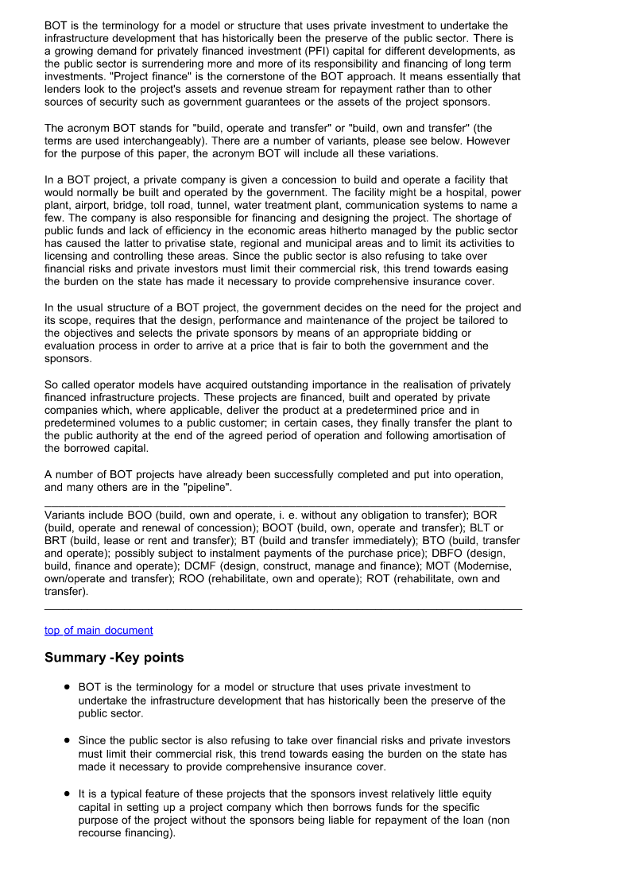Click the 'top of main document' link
pyautogui.click(x=99, y=630)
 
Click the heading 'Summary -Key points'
pyautogui.click(x=114, y=658)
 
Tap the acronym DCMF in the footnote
pyautogui.click(x=206, y=566)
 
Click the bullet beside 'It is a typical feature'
pyautogui.click(x=68, y=794)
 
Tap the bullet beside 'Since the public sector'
pyautogui.click(x=68, y=740)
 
